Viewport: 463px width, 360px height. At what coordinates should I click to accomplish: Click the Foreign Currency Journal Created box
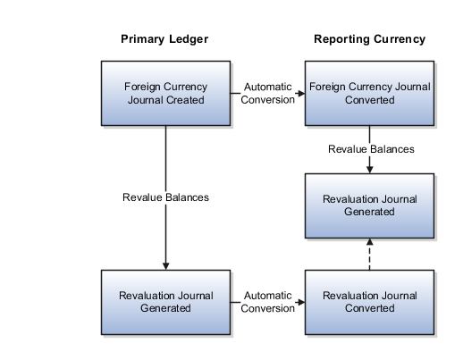point(166,94)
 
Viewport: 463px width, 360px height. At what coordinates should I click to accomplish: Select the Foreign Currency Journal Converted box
point(370,94)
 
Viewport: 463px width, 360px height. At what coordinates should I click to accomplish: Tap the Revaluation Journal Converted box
point(370,302)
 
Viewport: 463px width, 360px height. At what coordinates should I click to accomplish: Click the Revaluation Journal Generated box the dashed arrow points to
point(370,205)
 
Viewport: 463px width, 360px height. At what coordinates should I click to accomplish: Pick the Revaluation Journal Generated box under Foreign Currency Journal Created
point(166,302)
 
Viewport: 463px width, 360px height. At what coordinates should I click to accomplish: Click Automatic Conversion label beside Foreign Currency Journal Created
point(268,94)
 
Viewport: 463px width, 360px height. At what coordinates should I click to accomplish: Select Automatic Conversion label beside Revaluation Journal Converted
point(268,302)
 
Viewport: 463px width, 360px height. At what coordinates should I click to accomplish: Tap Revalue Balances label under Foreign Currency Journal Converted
point(370,150)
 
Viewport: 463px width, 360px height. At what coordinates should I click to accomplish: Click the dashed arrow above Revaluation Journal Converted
point(370,254)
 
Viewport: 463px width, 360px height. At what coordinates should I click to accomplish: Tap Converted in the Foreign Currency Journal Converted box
point(370,101)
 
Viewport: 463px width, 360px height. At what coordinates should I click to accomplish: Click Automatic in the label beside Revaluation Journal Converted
point(268,296)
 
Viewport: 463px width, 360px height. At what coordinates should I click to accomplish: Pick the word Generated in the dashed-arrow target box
point(370,213)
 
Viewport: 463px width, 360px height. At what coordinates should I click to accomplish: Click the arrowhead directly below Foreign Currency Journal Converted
point(370,169)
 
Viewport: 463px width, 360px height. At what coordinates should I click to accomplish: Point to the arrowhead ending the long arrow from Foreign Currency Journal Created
point(166,264)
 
